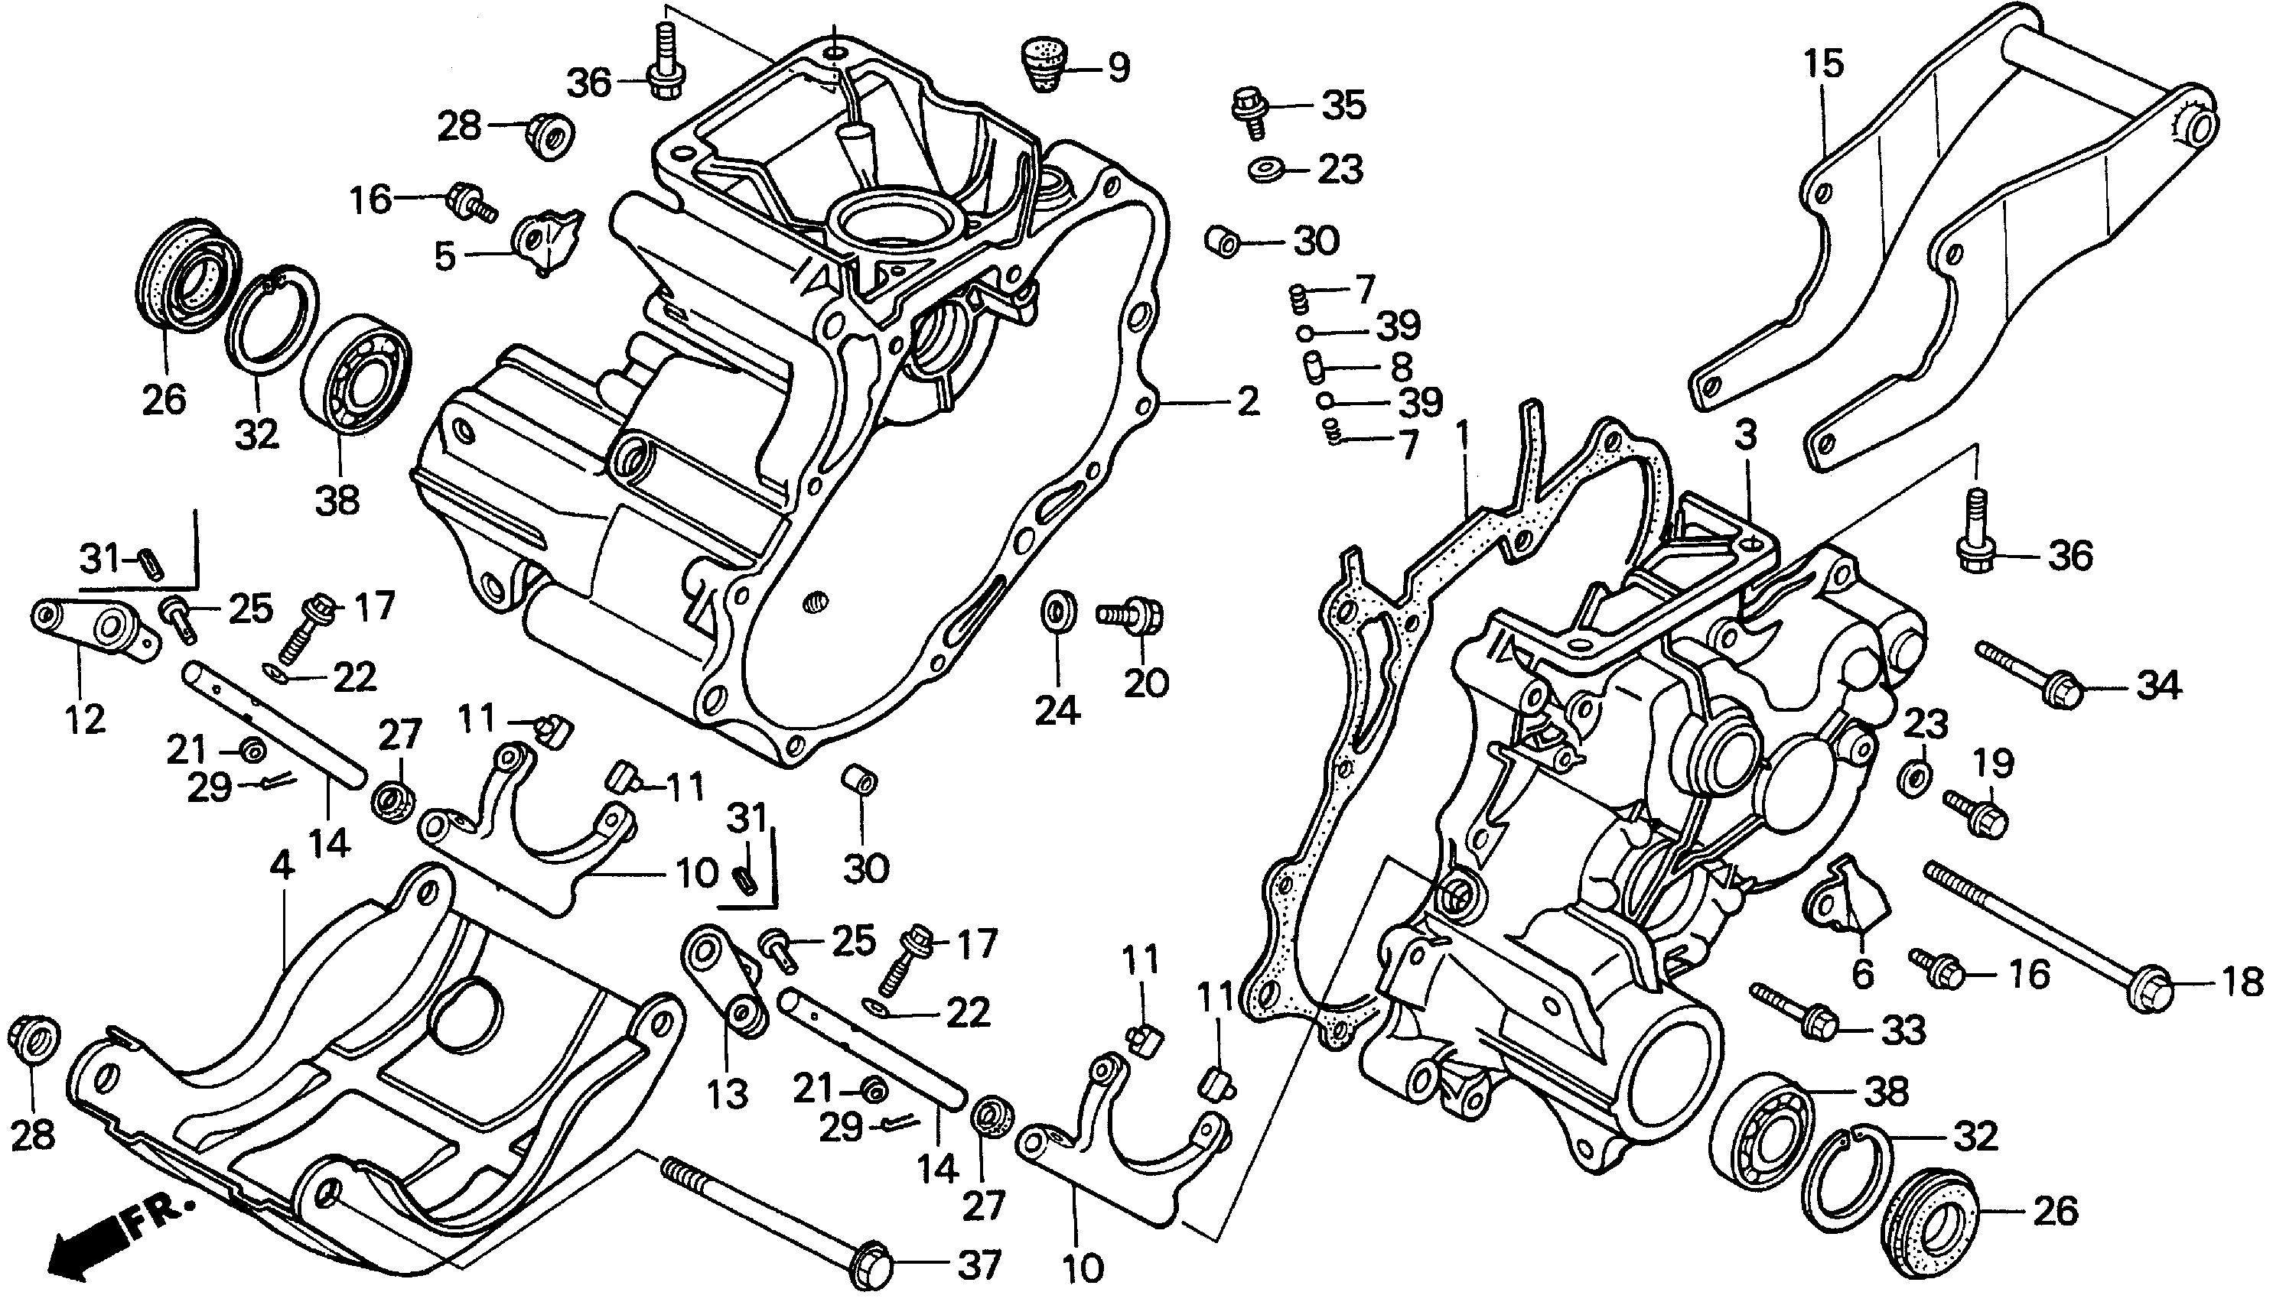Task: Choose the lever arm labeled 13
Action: [729, 982]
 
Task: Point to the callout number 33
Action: [1903, 1031]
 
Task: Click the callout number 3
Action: [1745, 437]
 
